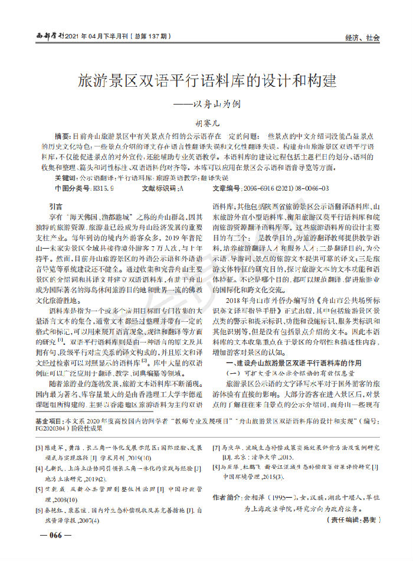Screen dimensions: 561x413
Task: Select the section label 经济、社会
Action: (x=362, y=37)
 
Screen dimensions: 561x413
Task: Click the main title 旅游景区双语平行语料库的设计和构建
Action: (x=206, y=81)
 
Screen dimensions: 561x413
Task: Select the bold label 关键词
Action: (x=65, y=178)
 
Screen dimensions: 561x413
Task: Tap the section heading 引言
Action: (x=57, y=207)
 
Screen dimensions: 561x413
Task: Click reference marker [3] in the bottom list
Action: (x=40, y=448)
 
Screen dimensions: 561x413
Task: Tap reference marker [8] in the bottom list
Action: (x=217, y=467)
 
